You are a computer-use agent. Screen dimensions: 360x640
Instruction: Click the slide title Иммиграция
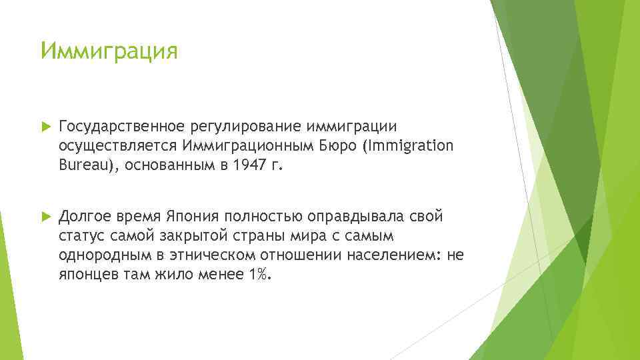(109, 51)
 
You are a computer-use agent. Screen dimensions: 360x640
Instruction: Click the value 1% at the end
(259, 275)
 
